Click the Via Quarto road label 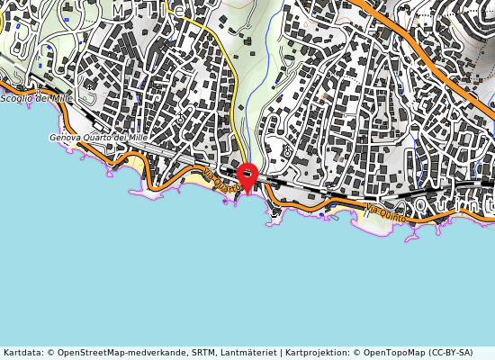coord(220,180)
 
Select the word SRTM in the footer coord(202,353)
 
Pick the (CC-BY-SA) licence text coord(450,353)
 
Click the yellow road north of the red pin coord(232,81)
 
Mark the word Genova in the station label coord(66,138)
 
